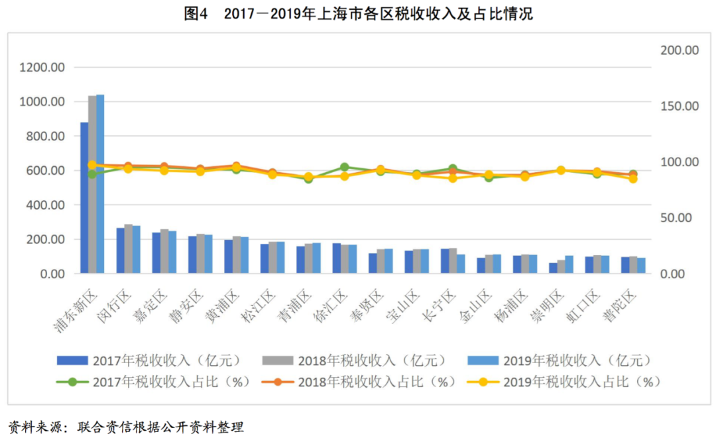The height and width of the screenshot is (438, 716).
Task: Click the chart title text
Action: coord(358,13)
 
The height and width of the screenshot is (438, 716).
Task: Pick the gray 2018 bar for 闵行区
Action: coord(128,248)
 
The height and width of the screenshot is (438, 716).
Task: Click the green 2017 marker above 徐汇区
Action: coord(345,168)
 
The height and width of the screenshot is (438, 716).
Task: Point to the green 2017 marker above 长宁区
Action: coord(453,169)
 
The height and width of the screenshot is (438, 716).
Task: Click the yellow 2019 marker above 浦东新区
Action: coord(92,165)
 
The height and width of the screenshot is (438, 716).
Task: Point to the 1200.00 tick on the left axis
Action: coord(42,68)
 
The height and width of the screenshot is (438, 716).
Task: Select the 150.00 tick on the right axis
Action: coord(677,106)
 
